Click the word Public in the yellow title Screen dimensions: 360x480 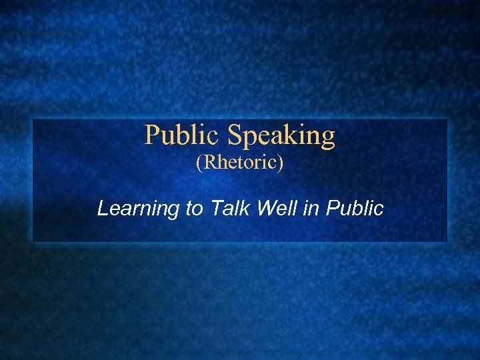click(x=183, y=135)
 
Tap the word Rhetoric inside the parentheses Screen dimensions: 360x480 click(x=239, y=163)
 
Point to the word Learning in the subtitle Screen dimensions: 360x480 click(x=139, y=209)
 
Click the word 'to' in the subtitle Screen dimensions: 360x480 click(x=195, y=209)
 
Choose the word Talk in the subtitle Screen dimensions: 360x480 click(x=230, y=209)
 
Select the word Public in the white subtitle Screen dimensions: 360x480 click(x=355, y=209)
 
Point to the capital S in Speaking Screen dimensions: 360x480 click(x=235, y=135)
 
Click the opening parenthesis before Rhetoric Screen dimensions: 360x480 click(x=198, y=164)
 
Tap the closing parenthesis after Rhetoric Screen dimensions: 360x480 click(x=281, y=164)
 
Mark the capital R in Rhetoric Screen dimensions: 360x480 click(x=207, y=163)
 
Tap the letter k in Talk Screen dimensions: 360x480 click(x=245, y=209)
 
